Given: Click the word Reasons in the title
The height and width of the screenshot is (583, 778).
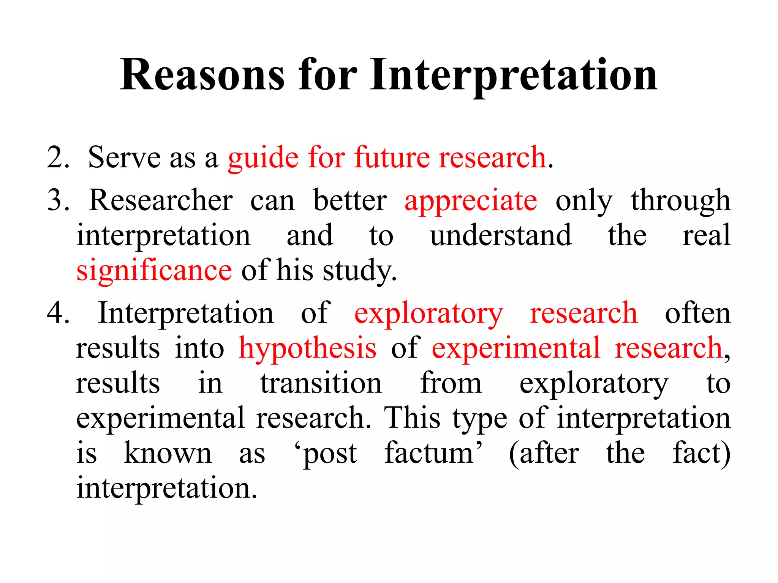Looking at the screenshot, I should tap(202, 75).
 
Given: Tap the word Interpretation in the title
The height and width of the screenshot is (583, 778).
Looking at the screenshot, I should tap(514, 75).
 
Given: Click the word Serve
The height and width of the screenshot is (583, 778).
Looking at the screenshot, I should tap(124, 157).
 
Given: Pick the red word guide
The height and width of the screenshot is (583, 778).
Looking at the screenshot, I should tap(263, 158).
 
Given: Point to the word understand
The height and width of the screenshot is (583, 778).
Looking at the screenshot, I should tap(500, 235).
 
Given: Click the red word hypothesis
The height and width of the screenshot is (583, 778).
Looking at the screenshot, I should tap(307, 348).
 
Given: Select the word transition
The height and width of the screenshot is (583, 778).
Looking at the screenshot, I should tap(321, 383).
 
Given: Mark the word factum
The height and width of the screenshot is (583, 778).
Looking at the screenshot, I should tap(429, 453).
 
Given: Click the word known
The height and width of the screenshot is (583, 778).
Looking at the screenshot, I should tap(168, 453).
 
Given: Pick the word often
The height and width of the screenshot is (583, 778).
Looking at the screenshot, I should tap(697, 313).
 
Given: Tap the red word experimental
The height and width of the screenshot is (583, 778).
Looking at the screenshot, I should tap(516, 348).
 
